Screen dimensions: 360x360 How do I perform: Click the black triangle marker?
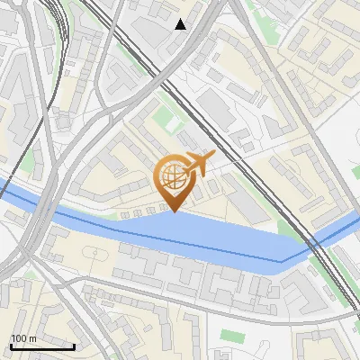pyautogui.click(x=181, y=24)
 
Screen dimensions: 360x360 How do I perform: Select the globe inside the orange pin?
pyautogui.click(x=172, y=175)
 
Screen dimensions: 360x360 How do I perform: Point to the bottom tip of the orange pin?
pyautogui.click(x=172, y=211)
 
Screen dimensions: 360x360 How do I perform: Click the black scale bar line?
pyautogui.click(x=42, y=346)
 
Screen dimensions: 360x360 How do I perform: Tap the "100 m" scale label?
pyautogui.click(x=23, y=338)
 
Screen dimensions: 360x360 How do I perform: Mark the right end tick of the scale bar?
pyautogui.click(x=74, y=345)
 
